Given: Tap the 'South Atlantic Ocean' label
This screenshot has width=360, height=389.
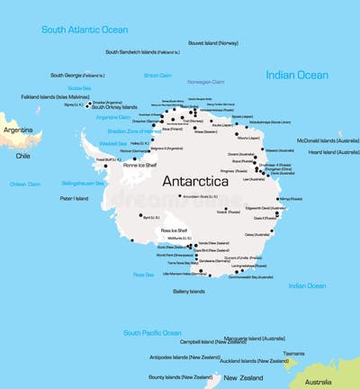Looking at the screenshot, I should point(85,30).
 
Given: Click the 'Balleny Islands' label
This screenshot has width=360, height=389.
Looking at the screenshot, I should point(188,291).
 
